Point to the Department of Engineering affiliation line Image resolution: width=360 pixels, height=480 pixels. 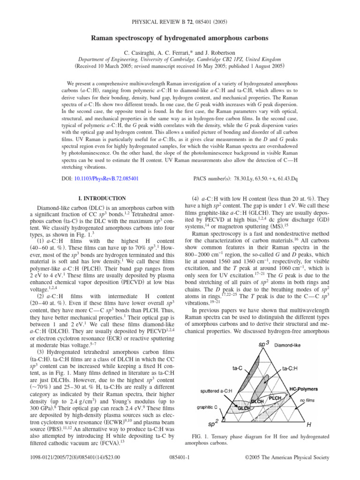tap(180, 48)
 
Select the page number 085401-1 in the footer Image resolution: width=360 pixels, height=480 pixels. tap(180, 469)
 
